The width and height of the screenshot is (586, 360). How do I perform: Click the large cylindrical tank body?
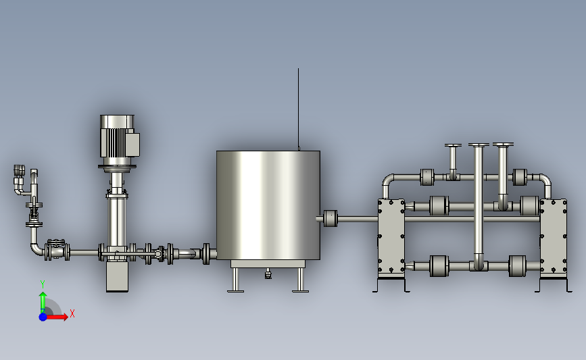268,205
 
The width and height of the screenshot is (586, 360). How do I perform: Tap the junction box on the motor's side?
133,144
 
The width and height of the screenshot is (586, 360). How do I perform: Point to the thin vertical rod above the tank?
298,109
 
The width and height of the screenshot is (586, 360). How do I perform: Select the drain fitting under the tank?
268,274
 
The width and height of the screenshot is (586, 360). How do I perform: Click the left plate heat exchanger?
391,238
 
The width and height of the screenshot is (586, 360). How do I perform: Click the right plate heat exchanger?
554,238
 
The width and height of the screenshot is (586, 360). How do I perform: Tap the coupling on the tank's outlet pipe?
331,219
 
